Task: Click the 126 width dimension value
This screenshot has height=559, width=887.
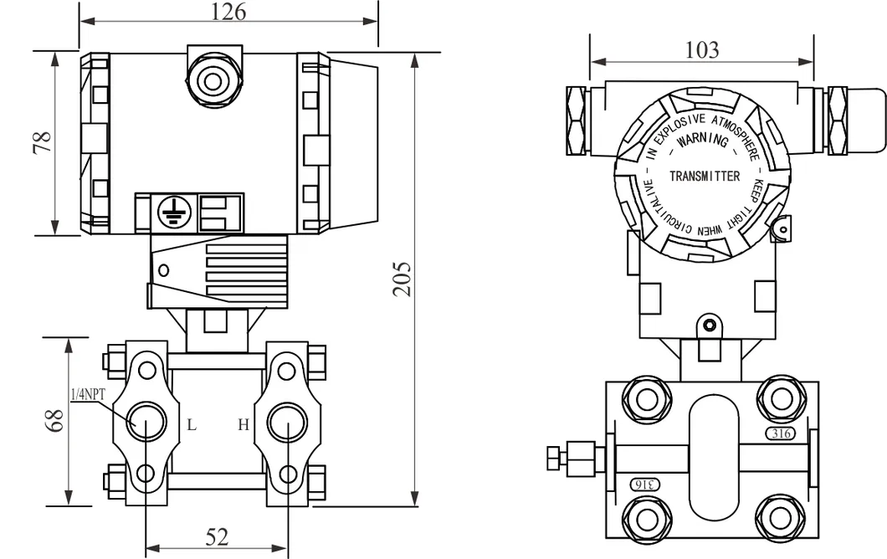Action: point(228,12)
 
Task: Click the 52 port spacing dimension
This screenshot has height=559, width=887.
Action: point(217,537)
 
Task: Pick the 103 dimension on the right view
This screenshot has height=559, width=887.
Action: point(701,50)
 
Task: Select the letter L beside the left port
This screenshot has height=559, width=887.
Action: point(192,425)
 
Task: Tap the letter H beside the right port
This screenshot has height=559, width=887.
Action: point(243,425)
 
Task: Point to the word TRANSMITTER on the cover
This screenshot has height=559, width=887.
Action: point(705,176)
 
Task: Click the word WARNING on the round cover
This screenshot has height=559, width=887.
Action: point(703,141)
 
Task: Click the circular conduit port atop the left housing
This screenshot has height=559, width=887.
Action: point(213,81)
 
